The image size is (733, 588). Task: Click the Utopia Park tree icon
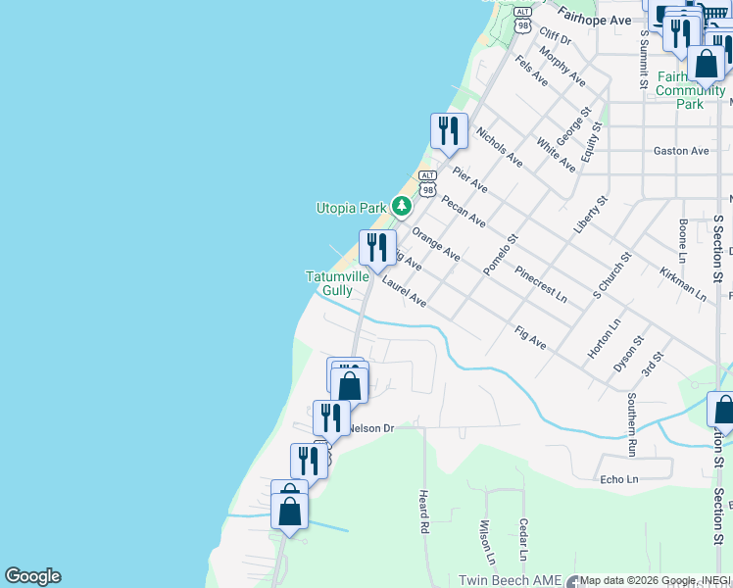(401, 207)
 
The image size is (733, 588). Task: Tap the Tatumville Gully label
(336, 283)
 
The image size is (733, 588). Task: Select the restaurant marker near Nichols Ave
(449, 131)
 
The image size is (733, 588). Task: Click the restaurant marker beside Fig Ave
(376, 248)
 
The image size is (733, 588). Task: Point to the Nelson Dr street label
(370, 428)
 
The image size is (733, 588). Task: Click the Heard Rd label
(424, 512)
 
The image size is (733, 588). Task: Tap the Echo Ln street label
(618, 479)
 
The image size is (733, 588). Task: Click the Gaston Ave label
(680, 151)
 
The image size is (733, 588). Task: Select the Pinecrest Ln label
(540, 280)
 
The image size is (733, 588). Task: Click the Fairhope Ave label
(594, 19)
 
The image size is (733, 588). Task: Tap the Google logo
(32, 576)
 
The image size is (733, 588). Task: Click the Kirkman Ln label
(682, 282)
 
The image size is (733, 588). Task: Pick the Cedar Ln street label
(524, 539)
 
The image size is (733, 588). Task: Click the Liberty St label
(591, 214)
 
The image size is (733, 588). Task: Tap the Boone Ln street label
(683, 239)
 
